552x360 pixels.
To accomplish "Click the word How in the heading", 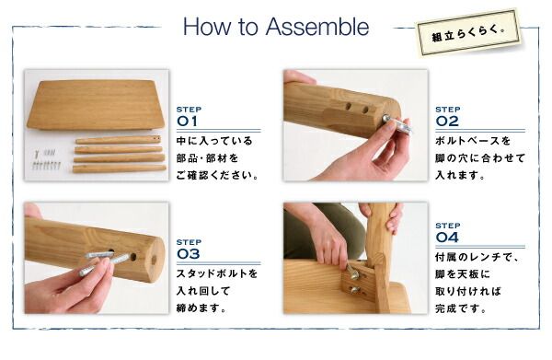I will (x=203, y=27).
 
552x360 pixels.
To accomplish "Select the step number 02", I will (x=447, y=121).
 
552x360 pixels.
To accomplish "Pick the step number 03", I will (x=188, y=254).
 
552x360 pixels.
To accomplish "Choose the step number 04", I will (x=447, y=237).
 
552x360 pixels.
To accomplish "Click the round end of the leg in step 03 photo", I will (x=155, y=249).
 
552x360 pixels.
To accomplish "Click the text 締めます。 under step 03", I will (x=200, y=308).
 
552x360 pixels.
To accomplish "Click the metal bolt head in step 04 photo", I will (x=352, y=272).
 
